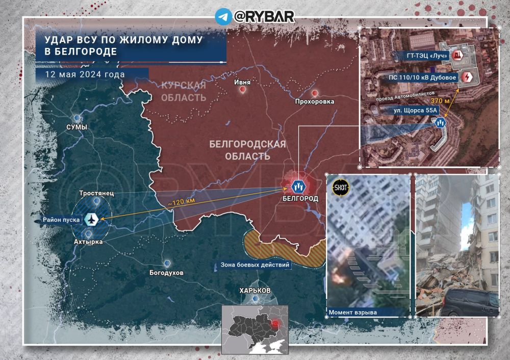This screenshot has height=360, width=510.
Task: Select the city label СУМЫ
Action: [76, 126]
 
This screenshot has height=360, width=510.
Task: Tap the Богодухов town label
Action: [167, 273]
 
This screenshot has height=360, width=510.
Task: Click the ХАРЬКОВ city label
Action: [255, 290]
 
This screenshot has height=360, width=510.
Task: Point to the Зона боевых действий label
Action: [255, 265]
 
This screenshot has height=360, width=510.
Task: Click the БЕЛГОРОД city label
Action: [300, 198]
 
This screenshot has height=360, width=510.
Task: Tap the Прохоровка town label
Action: [315, 101]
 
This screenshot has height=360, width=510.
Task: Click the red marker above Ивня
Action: [242, 90]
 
